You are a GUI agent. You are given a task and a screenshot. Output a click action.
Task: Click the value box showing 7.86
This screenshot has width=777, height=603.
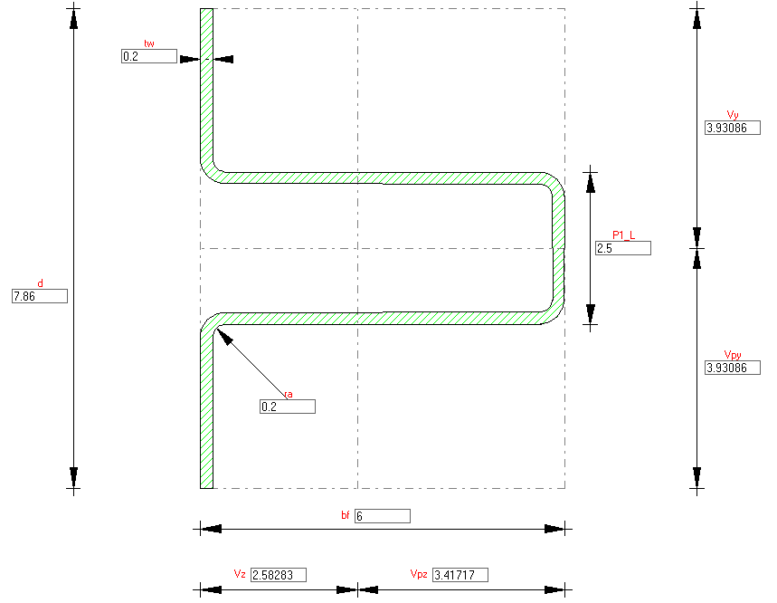click(x=40, y=296)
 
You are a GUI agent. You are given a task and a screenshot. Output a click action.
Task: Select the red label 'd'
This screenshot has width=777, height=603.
click(x=40, y=283)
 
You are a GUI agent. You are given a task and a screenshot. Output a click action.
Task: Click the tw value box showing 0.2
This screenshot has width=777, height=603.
click(x=149, y=56)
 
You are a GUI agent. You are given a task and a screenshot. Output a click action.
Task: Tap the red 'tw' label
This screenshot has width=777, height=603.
click(x=149, y=43)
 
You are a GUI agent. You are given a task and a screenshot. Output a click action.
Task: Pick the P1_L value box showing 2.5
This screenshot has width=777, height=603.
click(x=623, y=248)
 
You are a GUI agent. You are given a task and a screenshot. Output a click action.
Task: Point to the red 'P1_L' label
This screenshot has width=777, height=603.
click(x=623, y=235)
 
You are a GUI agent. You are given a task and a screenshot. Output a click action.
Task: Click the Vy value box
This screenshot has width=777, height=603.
click(x=733, y=128)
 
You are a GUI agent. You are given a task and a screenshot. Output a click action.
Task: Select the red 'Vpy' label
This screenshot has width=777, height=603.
click(x=733, y=355)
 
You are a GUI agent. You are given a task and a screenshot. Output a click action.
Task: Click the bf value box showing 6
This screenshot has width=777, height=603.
click(x=383, y=516)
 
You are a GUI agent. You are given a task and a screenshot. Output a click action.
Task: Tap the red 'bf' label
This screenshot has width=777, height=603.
click(x=346, y=516)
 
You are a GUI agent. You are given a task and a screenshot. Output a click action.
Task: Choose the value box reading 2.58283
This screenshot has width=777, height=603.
click(x=279, y=575)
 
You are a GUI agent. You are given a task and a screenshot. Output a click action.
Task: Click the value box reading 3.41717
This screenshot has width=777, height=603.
click(x=460, y=575)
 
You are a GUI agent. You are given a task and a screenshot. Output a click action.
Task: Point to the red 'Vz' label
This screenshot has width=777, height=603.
click(x=240, y=574)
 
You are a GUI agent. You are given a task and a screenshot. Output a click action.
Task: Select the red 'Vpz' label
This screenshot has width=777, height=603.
click(x=419, y=574)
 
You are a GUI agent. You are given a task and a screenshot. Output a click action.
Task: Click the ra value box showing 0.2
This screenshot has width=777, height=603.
click(x=288, y=407)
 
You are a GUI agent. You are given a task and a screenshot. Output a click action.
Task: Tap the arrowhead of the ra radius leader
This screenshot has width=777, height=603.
click(x=224, y=336)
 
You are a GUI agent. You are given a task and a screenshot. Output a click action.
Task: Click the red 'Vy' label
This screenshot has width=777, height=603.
click(x=733, y=115)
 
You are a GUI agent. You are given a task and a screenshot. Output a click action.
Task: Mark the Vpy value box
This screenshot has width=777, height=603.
click(x=733, y=368)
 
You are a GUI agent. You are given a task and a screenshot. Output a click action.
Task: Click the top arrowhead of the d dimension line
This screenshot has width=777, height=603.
click(x=74, y=18)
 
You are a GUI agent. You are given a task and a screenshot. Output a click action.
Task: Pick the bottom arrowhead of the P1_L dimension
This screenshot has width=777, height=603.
click(x=590, y=314)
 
